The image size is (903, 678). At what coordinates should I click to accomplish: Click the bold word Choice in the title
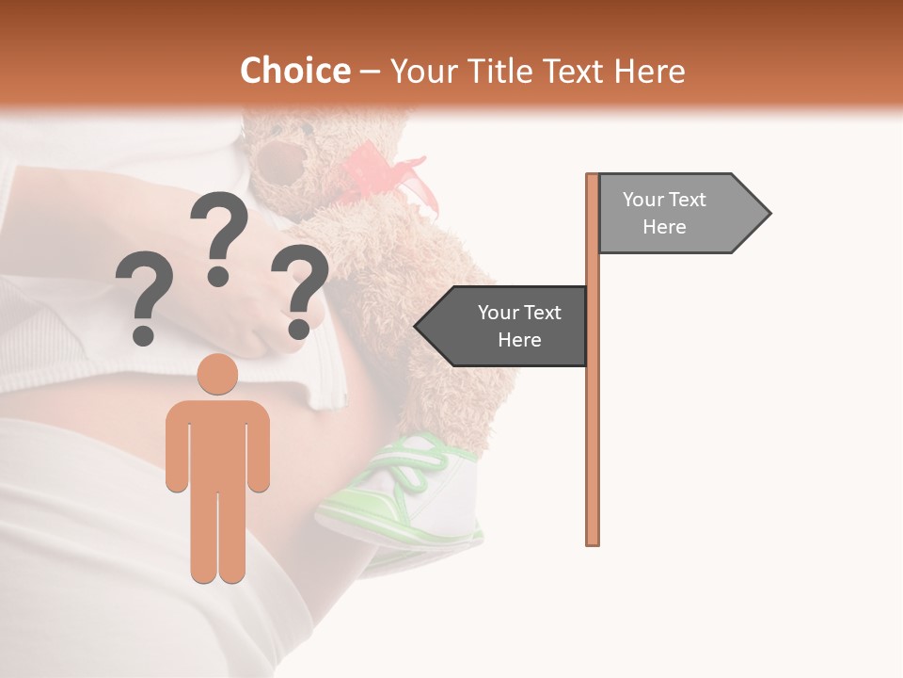point(294,71)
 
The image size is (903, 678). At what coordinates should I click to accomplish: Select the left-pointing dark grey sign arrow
point(503,326)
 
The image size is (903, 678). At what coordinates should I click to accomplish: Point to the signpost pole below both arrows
point(593,452)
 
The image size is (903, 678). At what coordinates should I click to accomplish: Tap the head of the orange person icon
point(217,374)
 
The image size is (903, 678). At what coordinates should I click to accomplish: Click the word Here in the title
point(649,71)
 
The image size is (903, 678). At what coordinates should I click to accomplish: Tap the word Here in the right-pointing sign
point(664,227)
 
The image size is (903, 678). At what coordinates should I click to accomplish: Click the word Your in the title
point(420,71)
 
